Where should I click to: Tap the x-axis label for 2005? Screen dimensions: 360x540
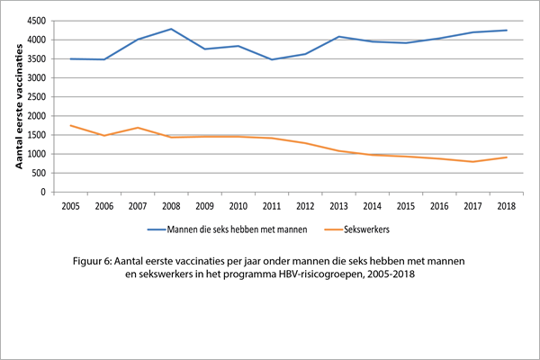71,206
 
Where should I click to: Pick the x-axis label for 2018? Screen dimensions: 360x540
507,206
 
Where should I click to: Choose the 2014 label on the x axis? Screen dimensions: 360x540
373,206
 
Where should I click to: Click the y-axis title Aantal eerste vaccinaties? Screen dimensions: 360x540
19,105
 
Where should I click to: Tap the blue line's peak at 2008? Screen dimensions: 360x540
171,29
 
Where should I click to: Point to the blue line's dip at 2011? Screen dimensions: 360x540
272,59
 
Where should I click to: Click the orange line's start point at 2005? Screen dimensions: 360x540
71,125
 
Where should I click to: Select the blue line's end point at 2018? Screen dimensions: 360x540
507,31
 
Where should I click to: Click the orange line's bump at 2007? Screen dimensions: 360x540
138,128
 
